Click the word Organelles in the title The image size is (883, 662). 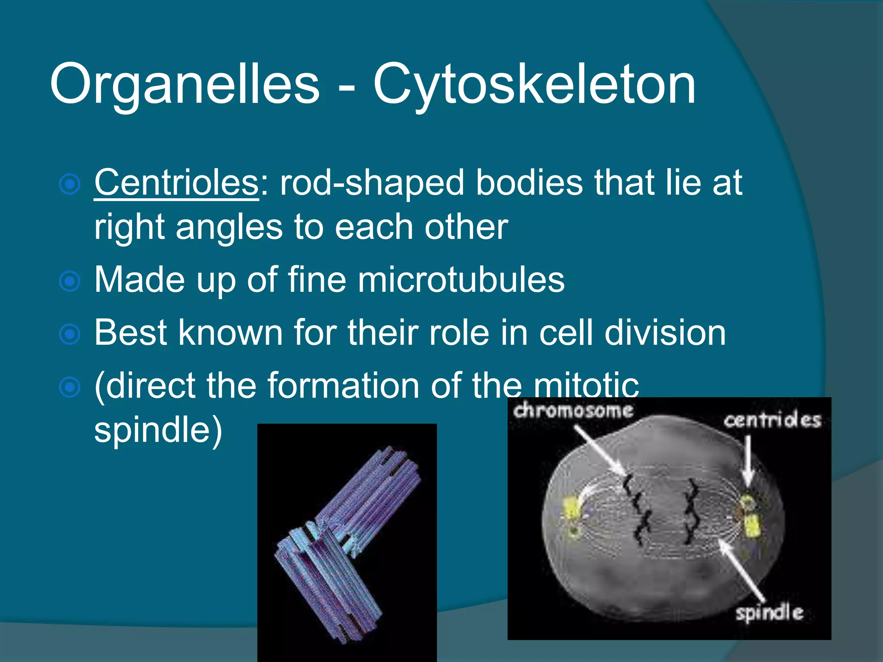coord(185,84)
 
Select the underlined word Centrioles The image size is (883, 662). coord(176,183)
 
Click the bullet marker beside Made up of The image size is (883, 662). coord(69,282)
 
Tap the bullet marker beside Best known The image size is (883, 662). coord(69,334)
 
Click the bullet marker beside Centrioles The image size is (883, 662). coord(69,185)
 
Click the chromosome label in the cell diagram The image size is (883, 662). coord(573,411)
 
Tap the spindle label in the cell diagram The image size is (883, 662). coord(769,612)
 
